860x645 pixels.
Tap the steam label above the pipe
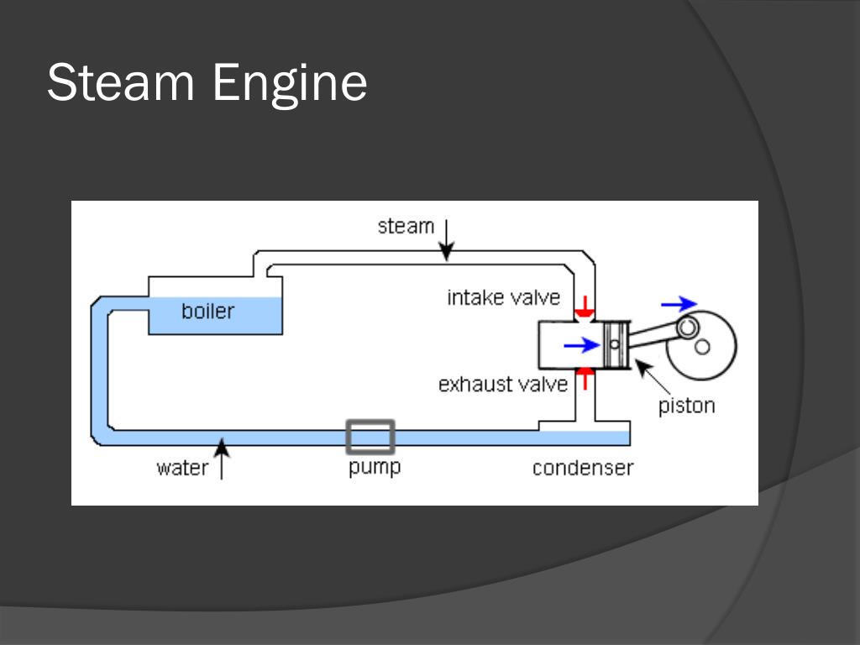406,226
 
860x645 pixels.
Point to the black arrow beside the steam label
447,239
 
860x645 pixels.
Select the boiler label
207,312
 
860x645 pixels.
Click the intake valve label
503,297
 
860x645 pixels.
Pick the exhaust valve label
502,385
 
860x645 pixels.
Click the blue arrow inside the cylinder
582,344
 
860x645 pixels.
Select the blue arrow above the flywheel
679,303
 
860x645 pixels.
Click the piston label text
686,406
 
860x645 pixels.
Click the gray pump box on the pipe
370,437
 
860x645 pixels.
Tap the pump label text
375,467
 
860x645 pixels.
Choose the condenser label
583,468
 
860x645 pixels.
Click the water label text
181,468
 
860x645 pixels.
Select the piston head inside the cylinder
615,343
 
